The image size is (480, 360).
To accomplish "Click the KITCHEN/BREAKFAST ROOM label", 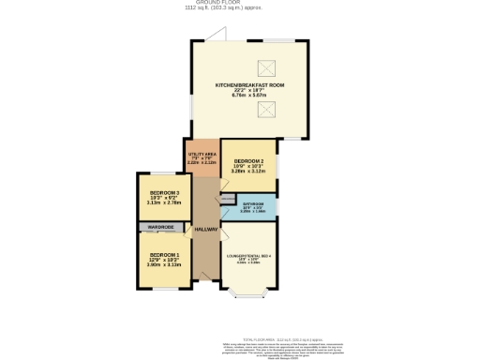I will point(249,84).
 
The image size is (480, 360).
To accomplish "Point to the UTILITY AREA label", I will point(202,156).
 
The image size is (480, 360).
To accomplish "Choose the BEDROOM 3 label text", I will point(164,193).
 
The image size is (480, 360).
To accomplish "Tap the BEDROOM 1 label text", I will point(164,254).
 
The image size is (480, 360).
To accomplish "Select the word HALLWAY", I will point(206,230).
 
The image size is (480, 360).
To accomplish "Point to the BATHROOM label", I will point(253,203).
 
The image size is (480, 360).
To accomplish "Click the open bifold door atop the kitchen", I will point(217,37).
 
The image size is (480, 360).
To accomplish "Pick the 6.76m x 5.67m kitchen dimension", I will point(249,95).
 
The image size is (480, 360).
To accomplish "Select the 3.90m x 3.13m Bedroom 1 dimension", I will point(164,264).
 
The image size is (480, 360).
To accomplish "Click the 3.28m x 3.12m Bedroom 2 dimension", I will point(248,172).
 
